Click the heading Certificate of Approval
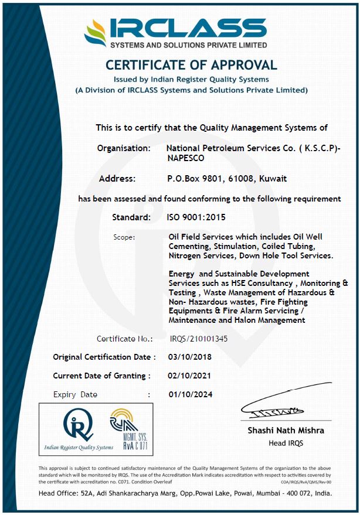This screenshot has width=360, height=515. (x=191, y=65)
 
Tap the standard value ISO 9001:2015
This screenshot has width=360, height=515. (x=196, y=217)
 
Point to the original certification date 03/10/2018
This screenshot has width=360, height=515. (x=189, y=357)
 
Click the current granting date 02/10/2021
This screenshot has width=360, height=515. (x=189, y=376)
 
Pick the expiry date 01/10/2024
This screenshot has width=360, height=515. (x=189, y=394)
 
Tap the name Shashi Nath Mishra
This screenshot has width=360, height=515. (x=286, y=431)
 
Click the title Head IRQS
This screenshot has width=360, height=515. (x=286, y=443)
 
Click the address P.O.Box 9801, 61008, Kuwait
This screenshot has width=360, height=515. (x=227, y=178)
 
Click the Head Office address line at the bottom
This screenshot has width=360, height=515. (x=185, y=493)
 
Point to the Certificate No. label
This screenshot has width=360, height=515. (x=124, y=339)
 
